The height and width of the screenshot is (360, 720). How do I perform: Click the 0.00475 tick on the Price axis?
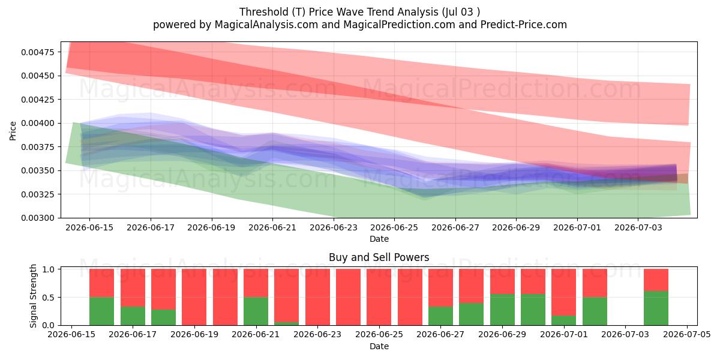(37, 52)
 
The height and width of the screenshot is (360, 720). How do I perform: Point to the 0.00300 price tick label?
(37, 218)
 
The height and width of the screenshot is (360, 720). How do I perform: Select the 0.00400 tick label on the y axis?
(37, 123)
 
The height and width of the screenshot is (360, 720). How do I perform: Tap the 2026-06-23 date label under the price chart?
(334, 227)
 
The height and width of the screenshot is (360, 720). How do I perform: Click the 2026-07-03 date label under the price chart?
(638, 227)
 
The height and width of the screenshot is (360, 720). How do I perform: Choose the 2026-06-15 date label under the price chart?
(89, 227)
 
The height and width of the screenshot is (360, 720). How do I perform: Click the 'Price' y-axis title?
(13, 131)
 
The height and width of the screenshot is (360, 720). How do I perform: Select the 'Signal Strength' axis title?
(33, 296)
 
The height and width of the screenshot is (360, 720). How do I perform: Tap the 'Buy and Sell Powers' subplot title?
(379, 257)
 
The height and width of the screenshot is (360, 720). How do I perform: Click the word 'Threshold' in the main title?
(264, 12)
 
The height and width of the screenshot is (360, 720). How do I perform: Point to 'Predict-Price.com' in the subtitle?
(524, 25)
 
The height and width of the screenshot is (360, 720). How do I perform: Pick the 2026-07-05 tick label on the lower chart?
(687, 335)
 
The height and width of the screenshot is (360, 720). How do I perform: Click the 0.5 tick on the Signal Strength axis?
(48, 298)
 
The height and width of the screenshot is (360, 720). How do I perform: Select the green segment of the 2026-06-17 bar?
(133, 316)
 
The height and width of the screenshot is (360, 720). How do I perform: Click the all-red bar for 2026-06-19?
(194, 297)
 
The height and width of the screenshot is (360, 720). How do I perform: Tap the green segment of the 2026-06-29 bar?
(502, 310)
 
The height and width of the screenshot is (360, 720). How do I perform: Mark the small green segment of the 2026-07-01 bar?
(564, 320)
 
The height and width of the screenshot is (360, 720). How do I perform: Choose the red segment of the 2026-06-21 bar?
(256, 283)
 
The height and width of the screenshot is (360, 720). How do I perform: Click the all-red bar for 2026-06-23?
(317, 297)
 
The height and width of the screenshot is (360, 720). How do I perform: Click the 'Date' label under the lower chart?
(379, 347)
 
